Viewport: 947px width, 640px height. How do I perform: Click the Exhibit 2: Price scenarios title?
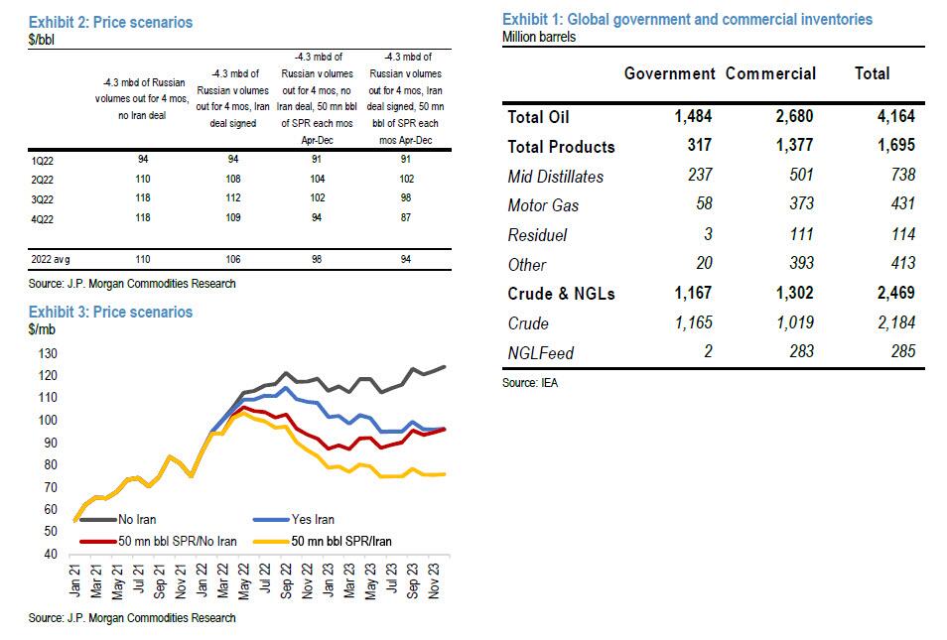(110, 22)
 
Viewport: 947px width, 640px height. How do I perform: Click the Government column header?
(669, 73)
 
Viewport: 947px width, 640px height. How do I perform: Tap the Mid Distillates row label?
(555, 177)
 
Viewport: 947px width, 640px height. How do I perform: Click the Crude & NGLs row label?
(562, 294)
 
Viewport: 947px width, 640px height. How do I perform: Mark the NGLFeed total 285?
(897, 352)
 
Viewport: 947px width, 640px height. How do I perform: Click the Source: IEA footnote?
(529, 382)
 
